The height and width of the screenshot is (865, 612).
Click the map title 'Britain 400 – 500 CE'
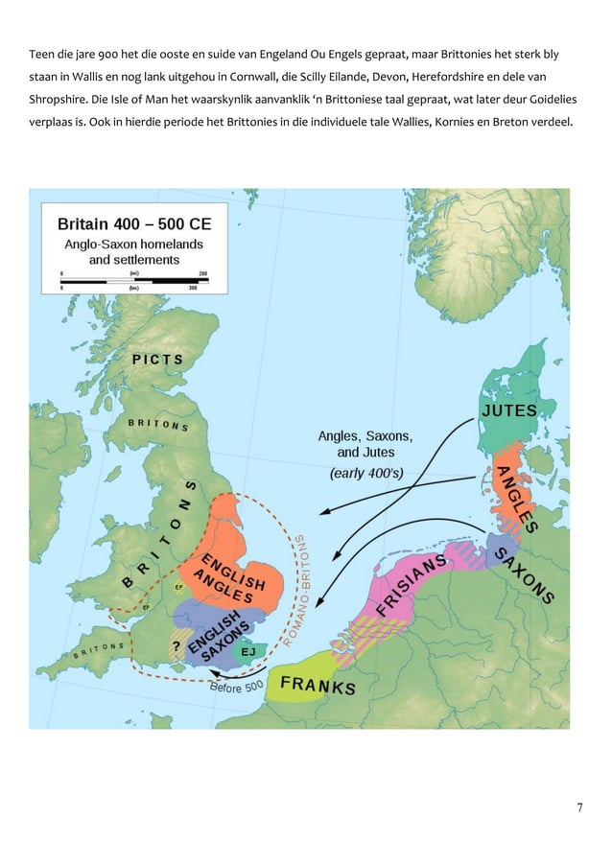[x=134, y=224]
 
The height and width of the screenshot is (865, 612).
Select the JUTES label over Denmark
[x=507, y=410]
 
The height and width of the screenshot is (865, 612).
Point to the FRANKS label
[x=318, y=686]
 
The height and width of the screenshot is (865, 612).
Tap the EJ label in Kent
[x=248, y=651]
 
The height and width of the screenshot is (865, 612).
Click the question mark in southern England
[x=177, y=645]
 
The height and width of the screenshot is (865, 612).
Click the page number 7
[x=579, y=807]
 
